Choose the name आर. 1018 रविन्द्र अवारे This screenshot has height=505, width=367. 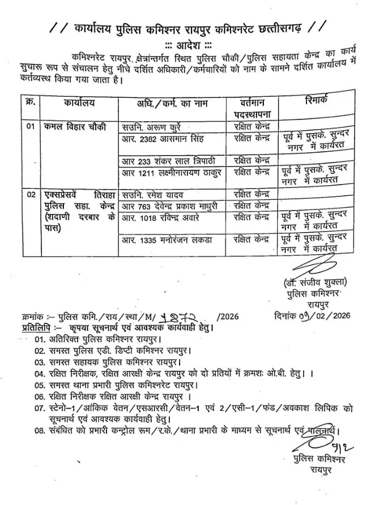165,217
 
